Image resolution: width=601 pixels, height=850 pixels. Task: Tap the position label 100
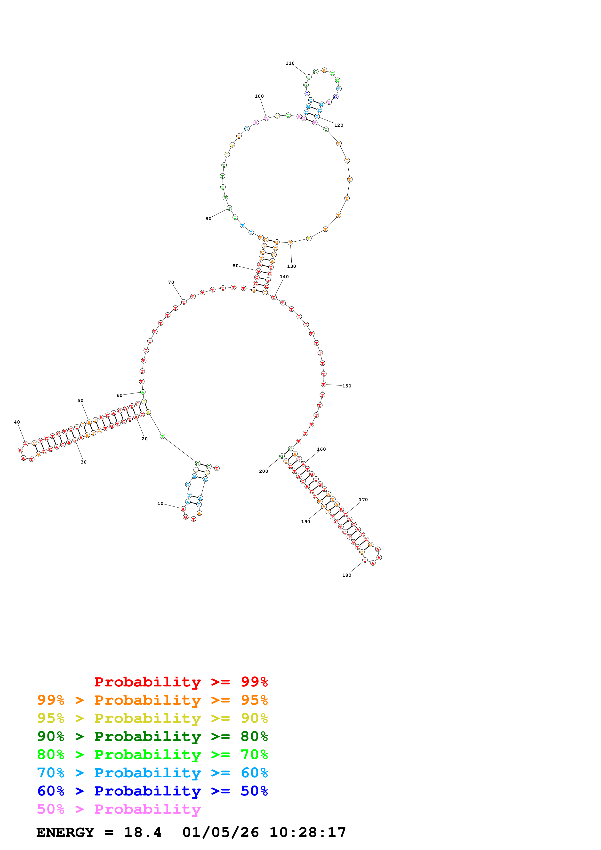click(x=259, y=96)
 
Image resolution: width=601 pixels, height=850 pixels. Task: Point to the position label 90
click(x=208, y=218)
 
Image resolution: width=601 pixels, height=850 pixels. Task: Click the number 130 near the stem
click(x=291, y=266)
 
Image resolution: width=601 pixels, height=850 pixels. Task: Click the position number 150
click(x=347, y=386)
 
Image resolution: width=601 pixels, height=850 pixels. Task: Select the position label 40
click(x=17, y=422)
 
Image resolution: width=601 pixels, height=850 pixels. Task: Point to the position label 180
click(x=347, y=575)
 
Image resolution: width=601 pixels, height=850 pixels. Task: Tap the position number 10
click(x=160, y=504)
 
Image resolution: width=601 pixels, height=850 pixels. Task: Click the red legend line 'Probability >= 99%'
click(x=181, y=682)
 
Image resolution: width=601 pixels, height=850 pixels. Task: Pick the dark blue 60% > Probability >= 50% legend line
click(x=152, y=791)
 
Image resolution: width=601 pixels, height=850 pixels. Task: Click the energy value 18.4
click(x=143, y=832)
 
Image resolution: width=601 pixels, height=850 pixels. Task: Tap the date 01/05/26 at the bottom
click(x=220, y=832)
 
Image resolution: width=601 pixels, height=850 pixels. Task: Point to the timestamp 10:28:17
click(x=307, y=832)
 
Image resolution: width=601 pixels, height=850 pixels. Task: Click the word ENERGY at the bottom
click(x=65, y=832)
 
